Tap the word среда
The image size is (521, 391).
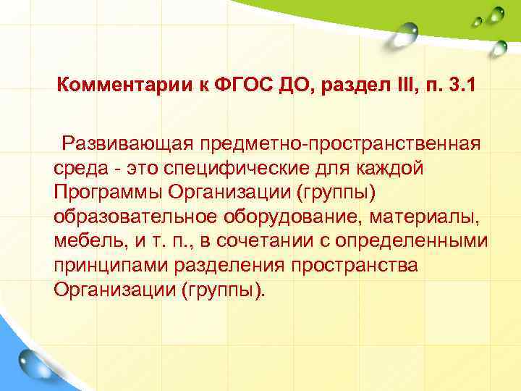point(77,167)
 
